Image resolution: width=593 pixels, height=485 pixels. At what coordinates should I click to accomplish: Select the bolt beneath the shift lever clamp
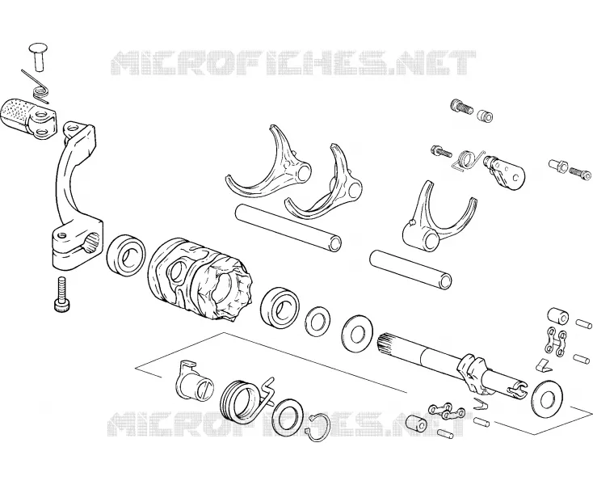[x=61, y=295]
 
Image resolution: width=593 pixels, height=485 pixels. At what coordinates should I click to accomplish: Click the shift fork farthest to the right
[x=439, y=217]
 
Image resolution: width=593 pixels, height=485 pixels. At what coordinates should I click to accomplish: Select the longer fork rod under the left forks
[x=288, y=227]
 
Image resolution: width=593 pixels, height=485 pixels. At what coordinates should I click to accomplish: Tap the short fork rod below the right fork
[x=411, y=269]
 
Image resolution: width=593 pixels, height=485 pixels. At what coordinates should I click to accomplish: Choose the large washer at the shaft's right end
[x=547, y=399]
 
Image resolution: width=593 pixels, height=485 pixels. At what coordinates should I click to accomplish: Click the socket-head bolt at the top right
[x=461, y=106]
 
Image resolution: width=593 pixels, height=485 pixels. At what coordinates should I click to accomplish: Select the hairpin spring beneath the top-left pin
[x=38, y=88]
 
